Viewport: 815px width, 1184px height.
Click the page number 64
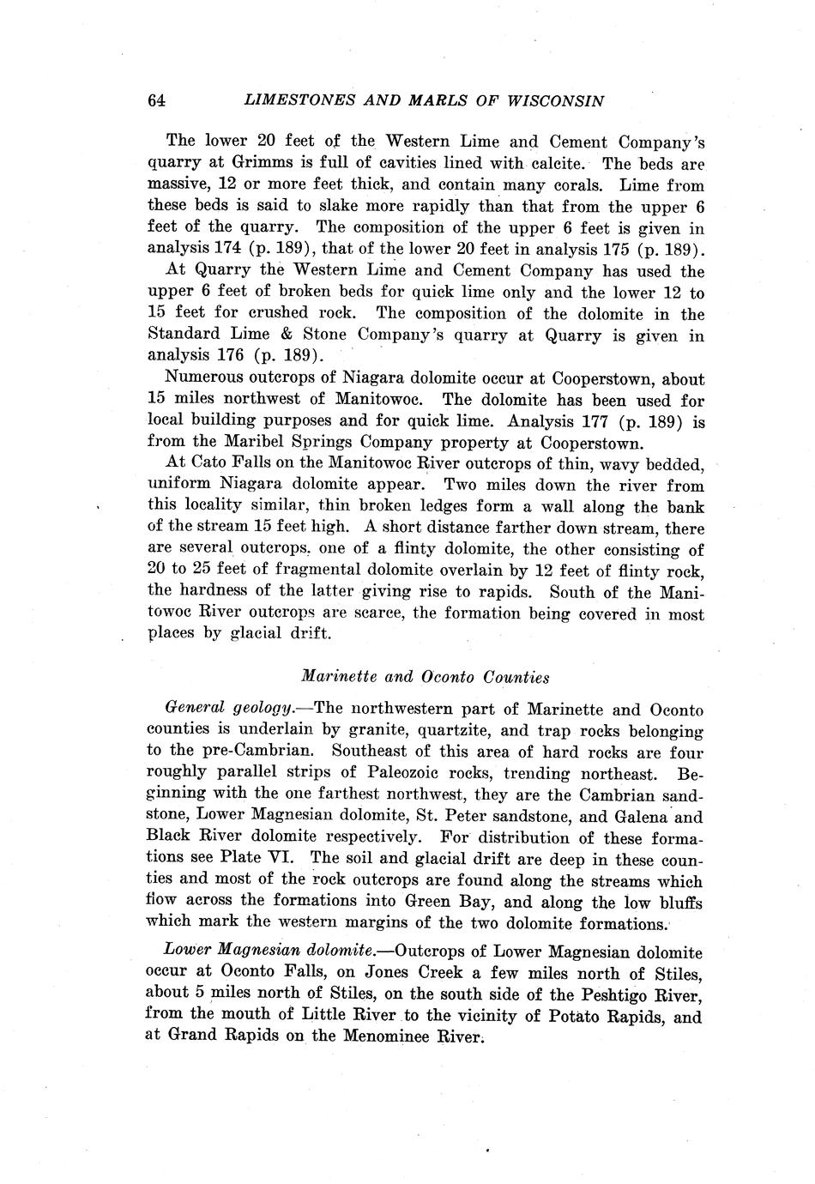[156, 100]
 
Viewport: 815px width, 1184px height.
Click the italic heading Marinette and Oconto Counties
[426, 677]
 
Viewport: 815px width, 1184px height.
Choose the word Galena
[643, 816]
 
